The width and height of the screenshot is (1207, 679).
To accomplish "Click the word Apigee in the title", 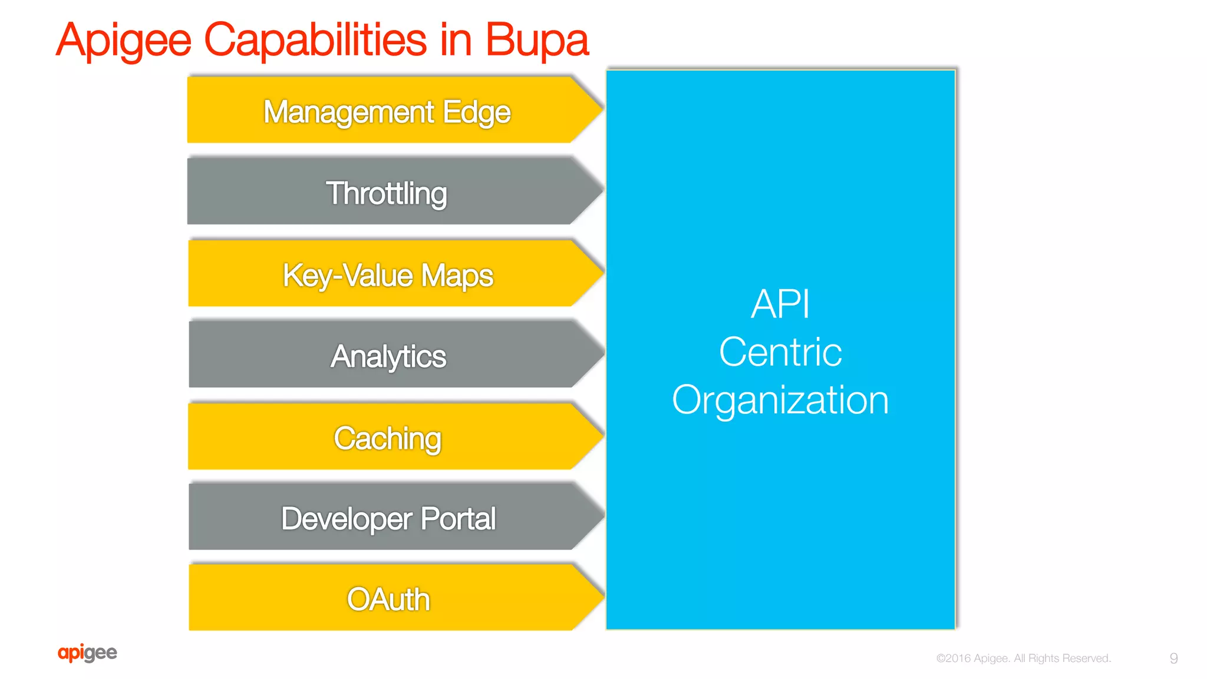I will [x=124, y=40].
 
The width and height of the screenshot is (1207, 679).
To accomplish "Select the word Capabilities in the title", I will [x=315, y=40].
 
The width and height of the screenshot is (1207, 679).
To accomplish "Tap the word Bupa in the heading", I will [x=536, y=40].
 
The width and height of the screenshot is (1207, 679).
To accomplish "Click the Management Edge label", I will [x=387, y=112].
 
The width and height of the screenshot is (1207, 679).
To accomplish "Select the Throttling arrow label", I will [x=387, y=193].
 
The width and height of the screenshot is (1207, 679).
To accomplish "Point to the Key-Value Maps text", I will [x=388, y=275].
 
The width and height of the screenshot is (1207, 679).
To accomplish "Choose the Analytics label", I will [x=388, y=356].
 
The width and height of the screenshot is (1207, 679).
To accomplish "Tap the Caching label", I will [x=388, y=438].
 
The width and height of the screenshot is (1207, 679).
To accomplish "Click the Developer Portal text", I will [x=388, y=519].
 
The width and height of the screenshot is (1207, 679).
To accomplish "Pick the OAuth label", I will [x=388, y=599].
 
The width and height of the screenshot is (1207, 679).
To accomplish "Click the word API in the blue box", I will [x=780, y=304].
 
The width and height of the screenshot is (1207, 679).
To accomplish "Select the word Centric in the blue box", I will [x=780, y=352].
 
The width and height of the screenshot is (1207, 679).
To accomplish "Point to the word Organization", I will [x=780, y=399].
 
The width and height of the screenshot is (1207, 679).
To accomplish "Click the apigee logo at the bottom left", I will [x=87, y=652].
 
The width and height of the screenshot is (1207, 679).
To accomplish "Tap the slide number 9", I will [x=1173, y=658].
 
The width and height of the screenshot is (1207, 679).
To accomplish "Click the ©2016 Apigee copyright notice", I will [x=1023, y=658].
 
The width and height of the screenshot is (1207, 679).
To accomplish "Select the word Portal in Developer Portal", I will [x=458, y=519].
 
